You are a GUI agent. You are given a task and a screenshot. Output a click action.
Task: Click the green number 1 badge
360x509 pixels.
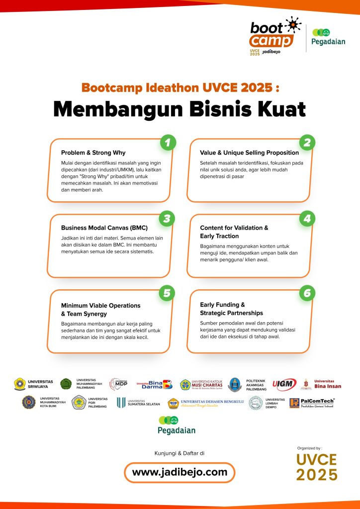click(168, 143)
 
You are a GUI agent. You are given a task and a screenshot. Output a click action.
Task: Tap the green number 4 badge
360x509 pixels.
click(307, 218)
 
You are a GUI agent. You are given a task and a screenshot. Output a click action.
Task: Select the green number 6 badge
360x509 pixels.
click(307, 293)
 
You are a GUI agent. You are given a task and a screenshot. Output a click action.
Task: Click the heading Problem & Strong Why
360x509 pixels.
click(93, 153)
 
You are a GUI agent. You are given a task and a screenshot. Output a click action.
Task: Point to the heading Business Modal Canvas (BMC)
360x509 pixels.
click(104, 228)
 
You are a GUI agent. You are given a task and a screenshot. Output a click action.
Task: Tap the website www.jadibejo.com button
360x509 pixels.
click(180, 472)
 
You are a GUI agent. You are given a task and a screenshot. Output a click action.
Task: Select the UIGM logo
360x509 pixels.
click(284, 384)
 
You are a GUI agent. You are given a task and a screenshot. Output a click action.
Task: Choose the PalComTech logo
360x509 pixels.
click(311, 403)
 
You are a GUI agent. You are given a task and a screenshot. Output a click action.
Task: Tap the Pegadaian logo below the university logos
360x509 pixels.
click(177, 425)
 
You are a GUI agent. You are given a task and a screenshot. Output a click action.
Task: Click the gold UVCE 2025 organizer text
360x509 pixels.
click(317, 467)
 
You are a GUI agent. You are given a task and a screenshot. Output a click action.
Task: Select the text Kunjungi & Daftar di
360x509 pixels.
click(180, 453)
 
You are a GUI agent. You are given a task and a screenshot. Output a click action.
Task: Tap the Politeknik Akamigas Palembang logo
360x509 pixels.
click(249, 384)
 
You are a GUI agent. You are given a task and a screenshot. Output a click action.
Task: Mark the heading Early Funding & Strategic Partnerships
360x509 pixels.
click(231, 309)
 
